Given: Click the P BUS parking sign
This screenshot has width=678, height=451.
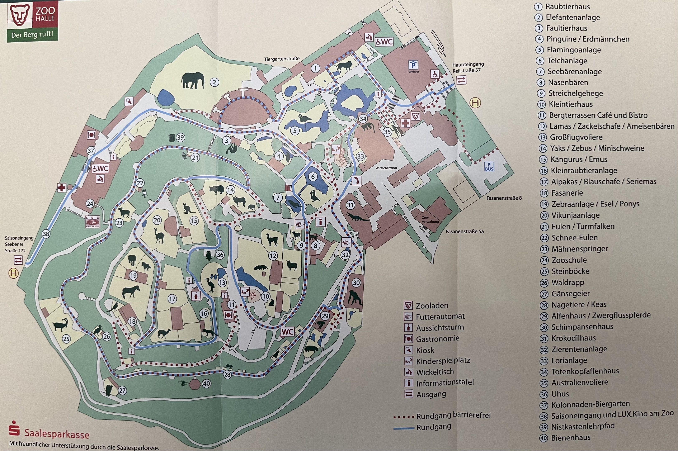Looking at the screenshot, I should tap(489, 167).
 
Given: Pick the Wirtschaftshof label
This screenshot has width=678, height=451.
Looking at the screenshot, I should tap(386, 168).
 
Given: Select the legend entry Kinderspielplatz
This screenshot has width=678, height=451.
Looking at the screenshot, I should tap(443, 360).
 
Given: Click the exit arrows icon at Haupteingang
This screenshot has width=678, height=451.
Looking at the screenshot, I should tap(461, 80).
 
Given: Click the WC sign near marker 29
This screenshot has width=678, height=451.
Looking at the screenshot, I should tap(287, 332).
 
